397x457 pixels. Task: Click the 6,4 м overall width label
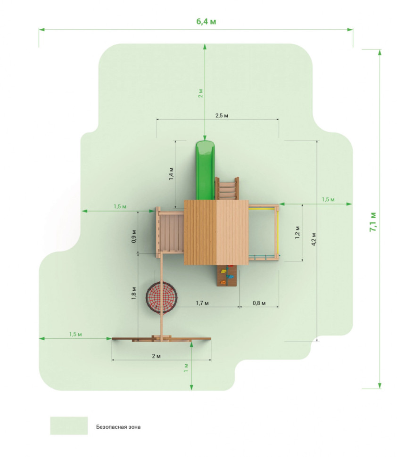point(206,22)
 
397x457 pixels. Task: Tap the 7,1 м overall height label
point(373,222)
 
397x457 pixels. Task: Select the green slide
point(205,170)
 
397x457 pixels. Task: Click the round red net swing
point(162,297)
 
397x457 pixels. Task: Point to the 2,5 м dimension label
point(222,116)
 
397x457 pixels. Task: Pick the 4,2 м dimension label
point(314,239)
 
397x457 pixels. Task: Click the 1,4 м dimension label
point(171,173)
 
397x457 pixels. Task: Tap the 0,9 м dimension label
point(133,237)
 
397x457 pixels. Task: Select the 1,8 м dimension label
point(133,293)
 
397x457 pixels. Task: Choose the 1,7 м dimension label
point(202,303)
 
